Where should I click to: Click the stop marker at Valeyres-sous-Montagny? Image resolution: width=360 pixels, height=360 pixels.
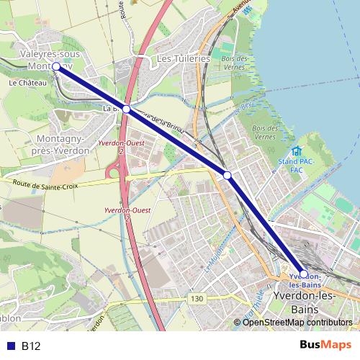56,65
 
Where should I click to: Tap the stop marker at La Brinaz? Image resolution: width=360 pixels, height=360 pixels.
126,109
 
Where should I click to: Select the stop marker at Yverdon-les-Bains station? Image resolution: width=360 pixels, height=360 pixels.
303,274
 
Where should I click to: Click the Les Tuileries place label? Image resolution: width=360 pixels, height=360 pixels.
183,58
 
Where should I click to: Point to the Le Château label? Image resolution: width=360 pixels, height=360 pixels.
28,83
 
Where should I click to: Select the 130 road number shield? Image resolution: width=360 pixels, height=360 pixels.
197,297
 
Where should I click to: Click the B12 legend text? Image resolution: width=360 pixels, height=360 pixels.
31,346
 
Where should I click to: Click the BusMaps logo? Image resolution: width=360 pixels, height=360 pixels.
325,346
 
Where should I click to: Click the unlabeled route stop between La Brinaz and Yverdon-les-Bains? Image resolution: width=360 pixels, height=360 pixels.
227,175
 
